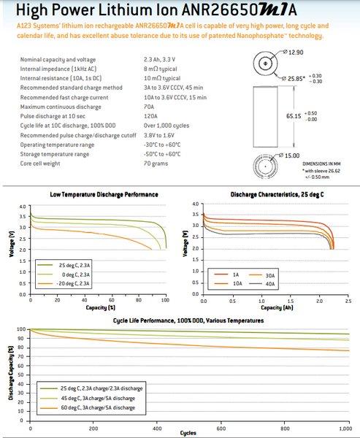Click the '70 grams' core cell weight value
coord(156,162)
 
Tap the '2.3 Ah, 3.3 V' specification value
coord(162,56)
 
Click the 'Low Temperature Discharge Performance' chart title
coord(104,195)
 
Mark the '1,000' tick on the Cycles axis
coord(340,428)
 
